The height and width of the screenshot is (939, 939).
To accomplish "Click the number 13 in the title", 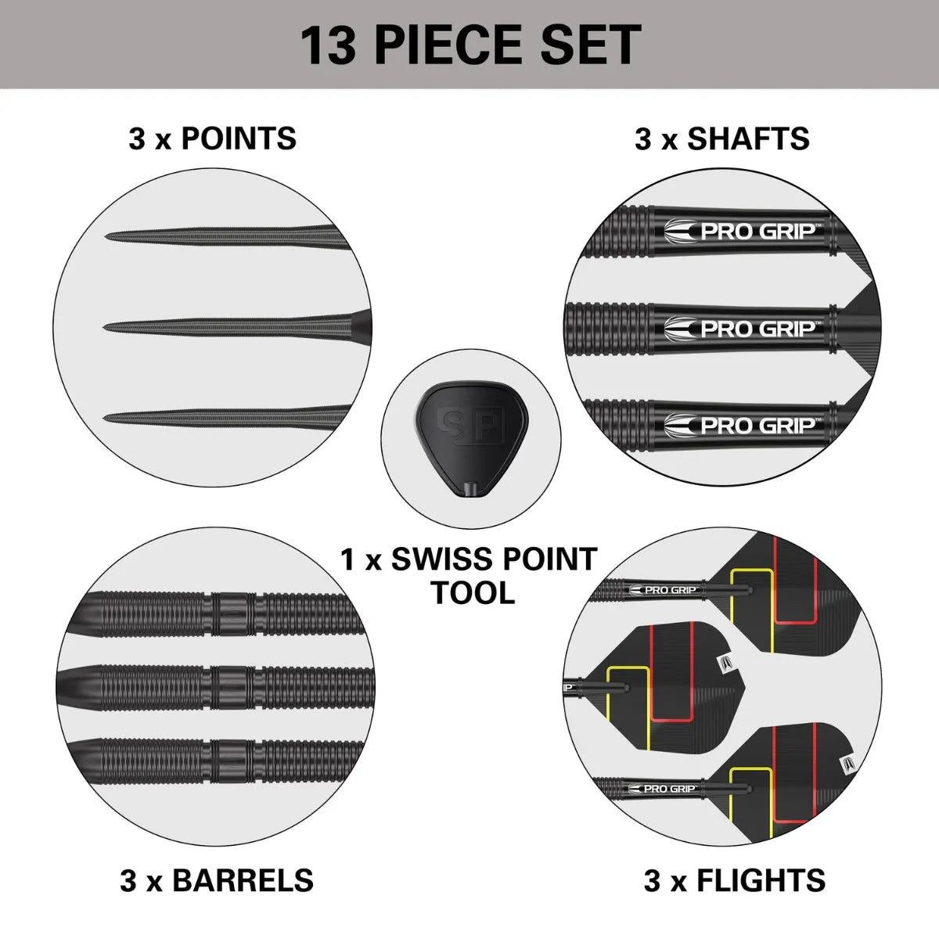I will coord(329,45).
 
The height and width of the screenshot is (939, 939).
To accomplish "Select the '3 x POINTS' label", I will coord(213,139).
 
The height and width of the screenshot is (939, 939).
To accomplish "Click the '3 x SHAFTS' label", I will coord(722,139).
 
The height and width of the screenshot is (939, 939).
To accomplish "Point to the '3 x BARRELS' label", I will coord(217,880).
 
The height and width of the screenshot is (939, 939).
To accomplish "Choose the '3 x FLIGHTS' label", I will coord(735,880).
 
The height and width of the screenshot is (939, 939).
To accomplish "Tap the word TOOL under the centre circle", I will coord(473,593).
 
